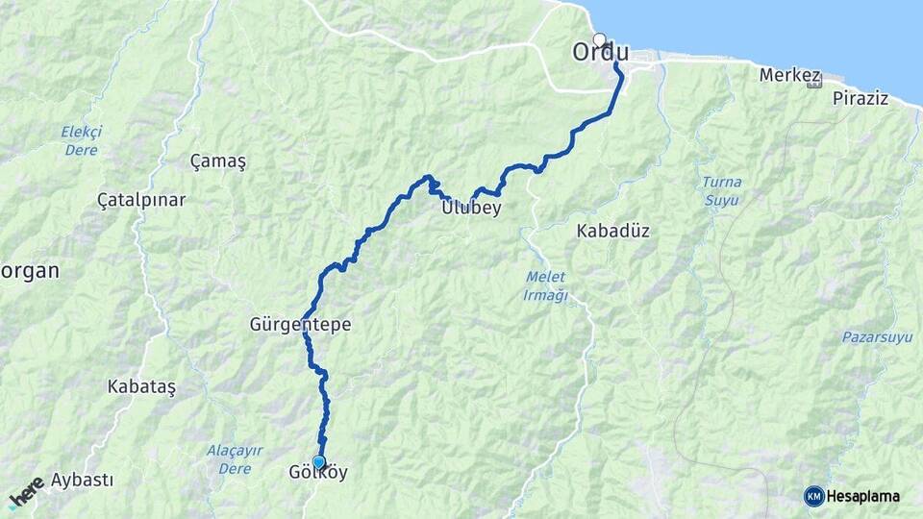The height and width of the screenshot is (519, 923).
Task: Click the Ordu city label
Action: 607,52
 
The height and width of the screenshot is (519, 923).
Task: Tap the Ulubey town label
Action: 471,208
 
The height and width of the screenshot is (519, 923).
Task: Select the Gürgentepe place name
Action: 300,326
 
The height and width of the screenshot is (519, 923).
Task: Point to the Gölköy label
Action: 318,474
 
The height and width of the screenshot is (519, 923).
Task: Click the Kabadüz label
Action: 613,231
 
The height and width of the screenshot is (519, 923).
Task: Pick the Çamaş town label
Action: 218,161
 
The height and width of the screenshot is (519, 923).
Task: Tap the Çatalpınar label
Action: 141,200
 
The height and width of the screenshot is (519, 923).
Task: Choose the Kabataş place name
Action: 143,386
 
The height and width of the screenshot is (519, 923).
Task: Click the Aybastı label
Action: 83,480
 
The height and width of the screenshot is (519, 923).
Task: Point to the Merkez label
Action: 789,74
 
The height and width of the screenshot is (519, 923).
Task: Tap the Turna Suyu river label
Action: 721,190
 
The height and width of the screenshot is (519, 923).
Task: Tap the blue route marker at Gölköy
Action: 318,462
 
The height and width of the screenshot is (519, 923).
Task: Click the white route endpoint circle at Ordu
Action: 600,40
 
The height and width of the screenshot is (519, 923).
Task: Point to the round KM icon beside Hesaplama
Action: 814,496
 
